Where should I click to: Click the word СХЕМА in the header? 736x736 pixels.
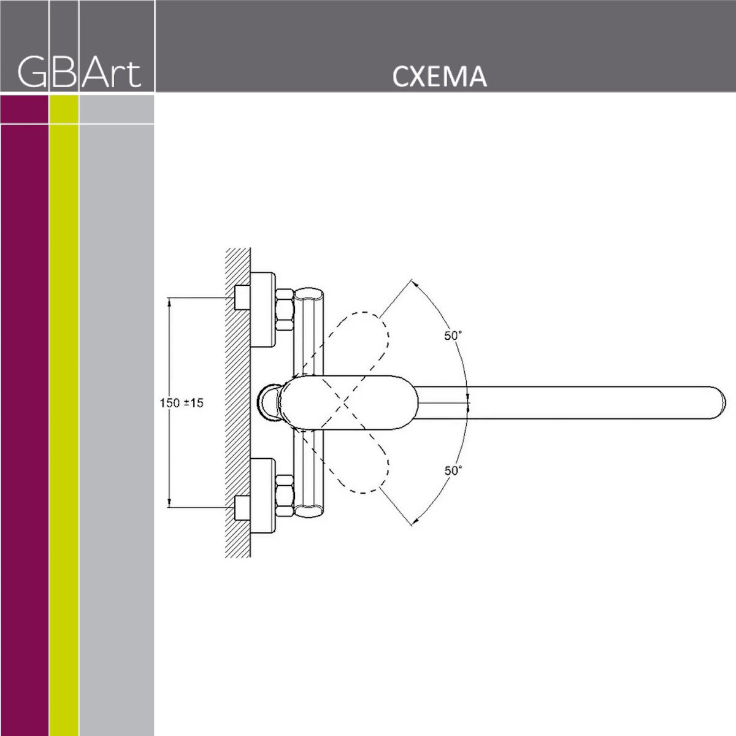point(439,77)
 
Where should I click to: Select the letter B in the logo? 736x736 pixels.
point(64,73)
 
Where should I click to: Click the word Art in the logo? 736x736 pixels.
point(112,73)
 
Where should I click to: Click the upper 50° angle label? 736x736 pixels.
point(453,335)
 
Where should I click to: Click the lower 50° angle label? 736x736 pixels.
point(453,470)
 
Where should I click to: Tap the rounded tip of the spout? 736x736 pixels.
point(718,403)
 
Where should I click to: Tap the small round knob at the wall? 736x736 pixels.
point(269,403)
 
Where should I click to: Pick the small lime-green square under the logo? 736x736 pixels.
point(64,109)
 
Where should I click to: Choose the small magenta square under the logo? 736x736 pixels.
point(25,109)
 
